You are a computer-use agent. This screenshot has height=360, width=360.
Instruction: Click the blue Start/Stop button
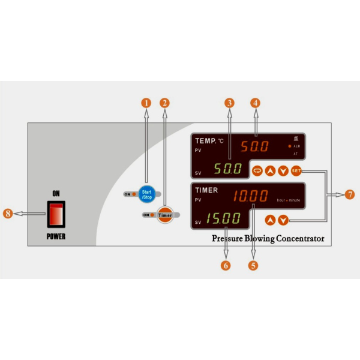pos(146,194)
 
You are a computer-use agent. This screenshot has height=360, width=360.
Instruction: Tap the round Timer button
pos(165,215)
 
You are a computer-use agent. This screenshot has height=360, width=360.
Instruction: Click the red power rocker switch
pos(56,214)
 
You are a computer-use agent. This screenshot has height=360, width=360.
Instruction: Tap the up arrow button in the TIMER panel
pos(271,220)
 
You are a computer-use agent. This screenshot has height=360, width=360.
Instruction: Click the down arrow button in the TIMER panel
pos(283,220)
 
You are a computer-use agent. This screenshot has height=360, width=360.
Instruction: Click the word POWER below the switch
pos(56,236)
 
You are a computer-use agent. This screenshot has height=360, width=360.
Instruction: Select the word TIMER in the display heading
pos(206,190)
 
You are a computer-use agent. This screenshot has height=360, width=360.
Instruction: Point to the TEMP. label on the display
pos(206,141)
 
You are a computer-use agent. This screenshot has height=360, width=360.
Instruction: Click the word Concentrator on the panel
pos(298,239)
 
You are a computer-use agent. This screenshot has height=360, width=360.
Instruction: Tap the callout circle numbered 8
pos(9,213)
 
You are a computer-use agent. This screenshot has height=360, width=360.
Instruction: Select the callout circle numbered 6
pos(226,265)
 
